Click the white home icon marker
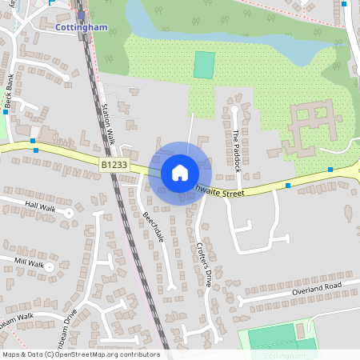click(180, 172)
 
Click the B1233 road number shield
click(114, 163)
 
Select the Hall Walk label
click(41, 205)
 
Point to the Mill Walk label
click(30, 262)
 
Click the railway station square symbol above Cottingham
click(81, 14)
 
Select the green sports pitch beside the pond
click(204, 65)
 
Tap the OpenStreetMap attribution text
click(80, 354)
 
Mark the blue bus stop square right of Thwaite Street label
click(288, 186)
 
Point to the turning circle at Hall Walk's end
click(70, 213)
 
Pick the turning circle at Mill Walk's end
click(50, 267)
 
